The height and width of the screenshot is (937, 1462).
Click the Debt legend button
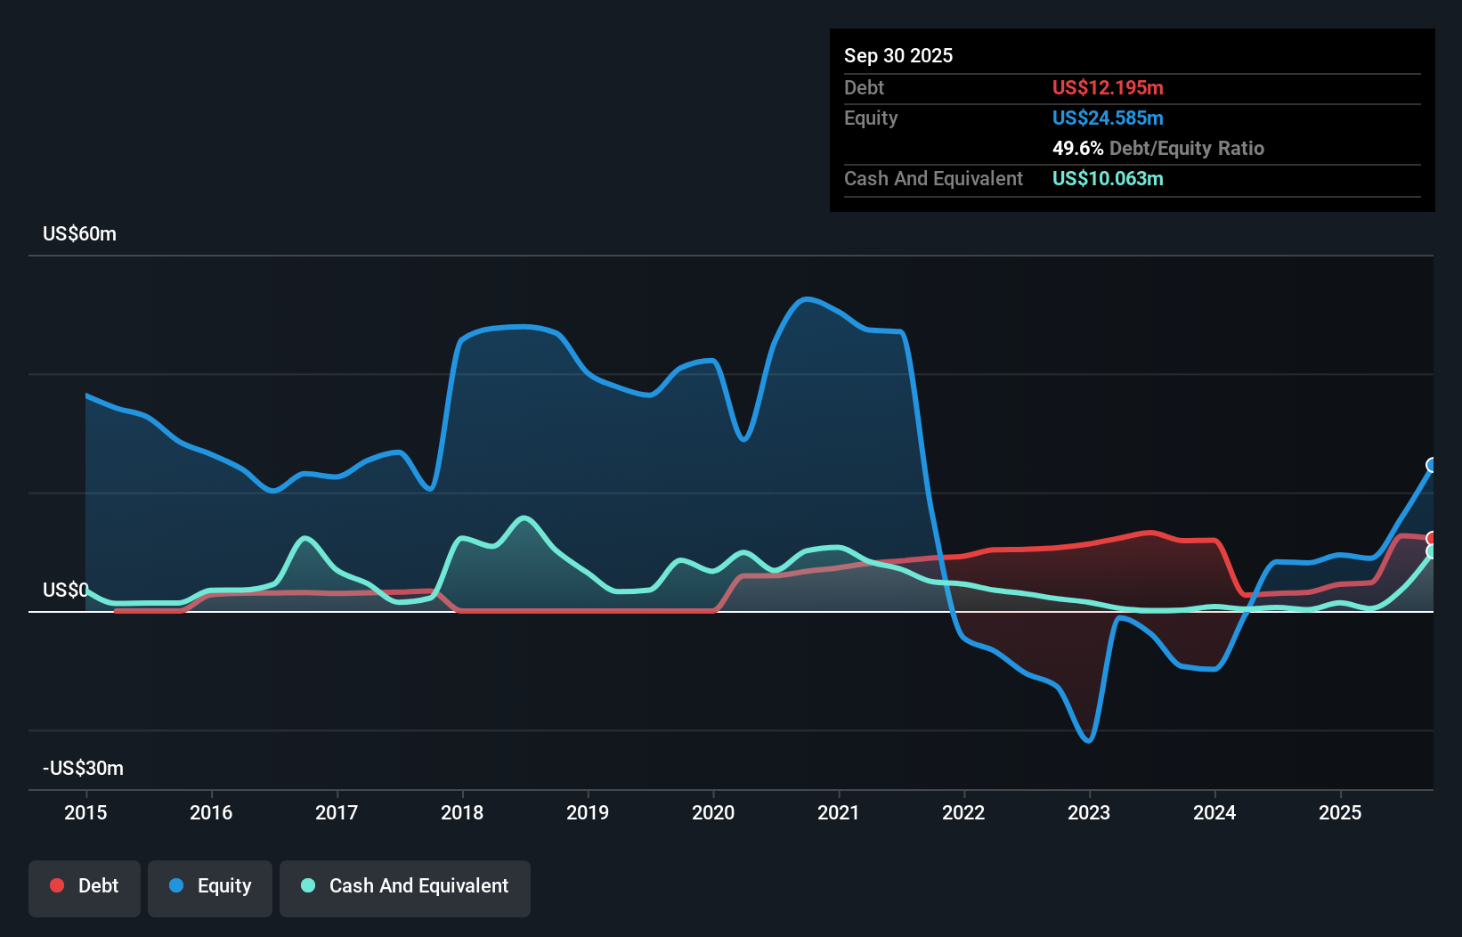click(85, 886)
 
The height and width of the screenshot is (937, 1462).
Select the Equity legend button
click(210, 886)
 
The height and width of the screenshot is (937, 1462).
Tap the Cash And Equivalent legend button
click(405, 886)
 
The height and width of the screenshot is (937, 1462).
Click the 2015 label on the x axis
click(85, 812)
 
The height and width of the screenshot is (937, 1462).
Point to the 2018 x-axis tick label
click(462, 812)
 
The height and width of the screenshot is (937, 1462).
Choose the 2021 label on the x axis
click(839, 812)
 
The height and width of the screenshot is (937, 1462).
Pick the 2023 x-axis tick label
click(1089, 812)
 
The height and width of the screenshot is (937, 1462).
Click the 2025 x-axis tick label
click(1340, 812)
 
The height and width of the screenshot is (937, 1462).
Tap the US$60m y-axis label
click(79, 233)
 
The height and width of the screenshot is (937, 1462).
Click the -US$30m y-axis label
click(83, 768)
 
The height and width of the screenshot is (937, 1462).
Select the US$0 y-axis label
click(65, 590)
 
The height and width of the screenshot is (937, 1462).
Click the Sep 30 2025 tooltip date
click(898, 55)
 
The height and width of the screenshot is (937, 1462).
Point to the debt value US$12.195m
click(1108, 87)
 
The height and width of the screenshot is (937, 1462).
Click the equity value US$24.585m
click(1108, 118)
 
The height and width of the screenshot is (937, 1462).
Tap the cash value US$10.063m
click(1108, 178)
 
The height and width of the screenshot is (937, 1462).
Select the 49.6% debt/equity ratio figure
click(1077, 148)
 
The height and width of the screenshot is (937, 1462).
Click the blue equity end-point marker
click(1432, 465)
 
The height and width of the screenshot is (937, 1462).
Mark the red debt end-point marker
click(1432, 538)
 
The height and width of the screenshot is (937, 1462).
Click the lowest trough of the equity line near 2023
click(1089, 740)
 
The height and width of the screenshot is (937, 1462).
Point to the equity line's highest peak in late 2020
click(806, 298)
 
